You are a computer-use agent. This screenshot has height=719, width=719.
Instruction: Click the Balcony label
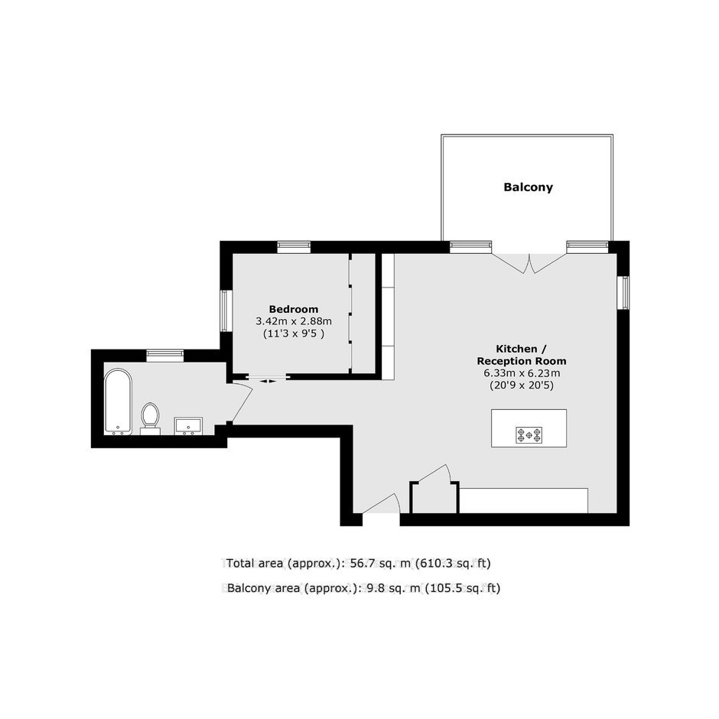(528, 187)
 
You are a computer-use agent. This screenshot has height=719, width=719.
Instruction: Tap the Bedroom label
(294, 309)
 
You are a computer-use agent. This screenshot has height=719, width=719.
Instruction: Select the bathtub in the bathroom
(119, 402)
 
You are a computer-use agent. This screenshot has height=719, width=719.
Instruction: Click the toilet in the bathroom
(150, 418)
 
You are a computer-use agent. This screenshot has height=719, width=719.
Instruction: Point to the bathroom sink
(188, 425)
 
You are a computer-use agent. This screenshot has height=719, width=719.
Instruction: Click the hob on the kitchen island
(529, 434)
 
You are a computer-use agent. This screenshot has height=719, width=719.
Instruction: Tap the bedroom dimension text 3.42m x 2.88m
(294, 321)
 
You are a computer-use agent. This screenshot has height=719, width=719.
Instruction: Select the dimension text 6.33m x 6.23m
(522, 373)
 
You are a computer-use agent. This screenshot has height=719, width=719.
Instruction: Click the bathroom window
(165, 356)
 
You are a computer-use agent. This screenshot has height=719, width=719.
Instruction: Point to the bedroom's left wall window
(225, 311)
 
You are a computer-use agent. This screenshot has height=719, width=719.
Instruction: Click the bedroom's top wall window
(294, 247)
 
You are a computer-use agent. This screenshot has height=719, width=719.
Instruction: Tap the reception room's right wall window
(623, 292)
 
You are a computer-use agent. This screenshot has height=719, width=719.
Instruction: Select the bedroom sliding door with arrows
(267, 379)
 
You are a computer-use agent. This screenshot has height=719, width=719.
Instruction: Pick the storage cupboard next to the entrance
(434, 497)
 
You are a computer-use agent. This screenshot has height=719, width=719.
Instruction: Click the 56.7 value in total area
(360, 563)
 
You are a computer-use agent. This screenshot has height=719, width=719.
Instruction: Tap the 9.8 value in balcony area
(374, 588)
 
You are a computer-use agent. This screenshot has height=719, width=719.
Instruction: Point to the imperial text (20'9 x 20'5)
(522, 386)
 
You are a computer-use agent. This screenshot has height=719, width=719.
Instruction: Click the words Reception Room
(522, 361)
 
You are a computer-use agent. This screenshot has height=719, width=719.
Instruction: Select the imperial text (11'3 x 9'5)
(294, 333)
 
